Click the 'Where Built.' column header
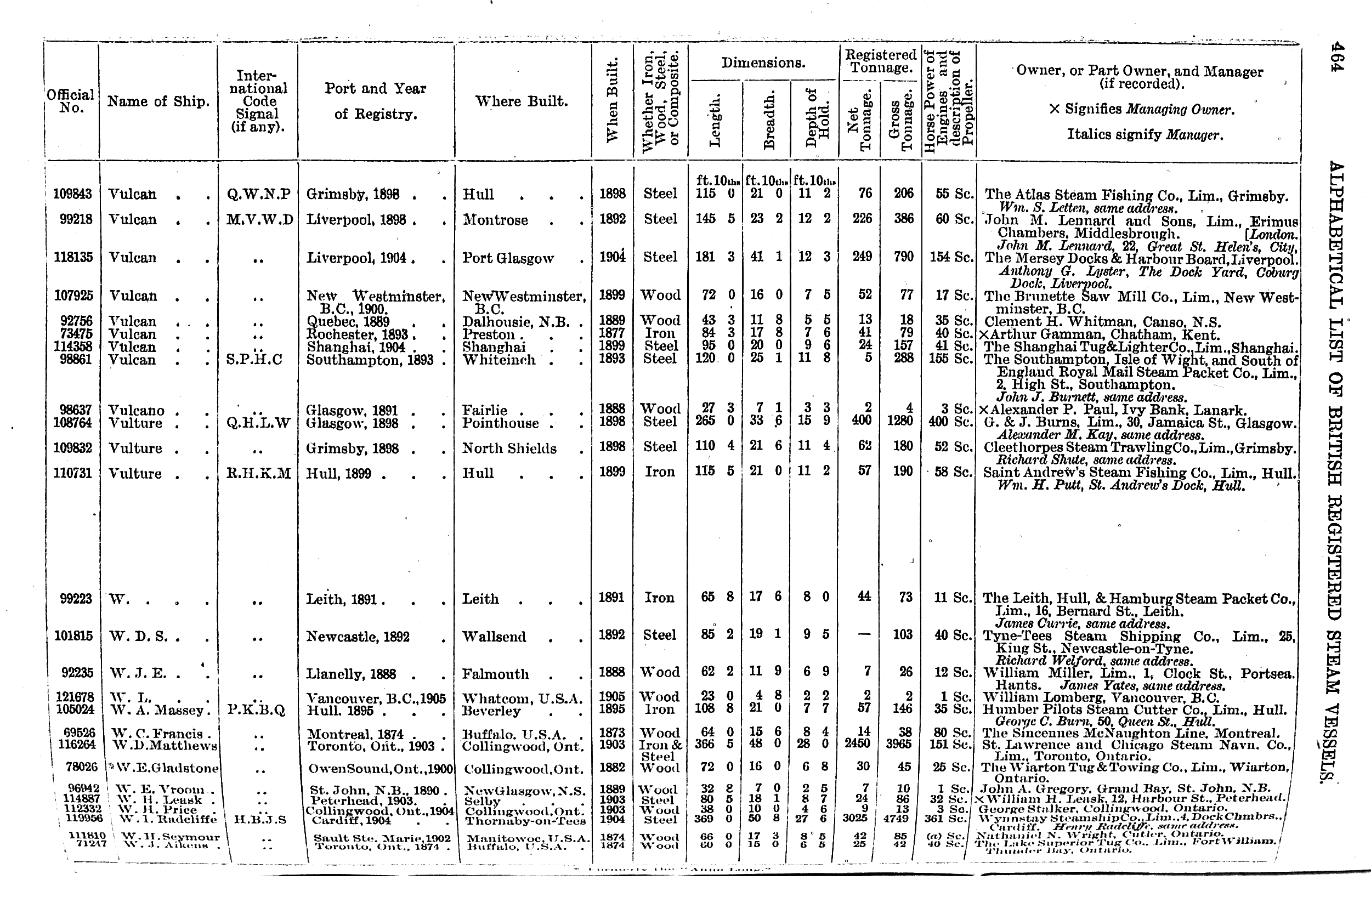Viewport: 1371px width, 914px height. pyautogui.click(x=522, y=101)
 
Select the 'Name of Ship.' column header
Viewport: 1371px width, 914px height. pyautogui.click(x=158, y=101)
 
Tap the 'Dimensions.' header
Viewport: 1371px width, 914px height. pyautogui.click(x=763, y=63)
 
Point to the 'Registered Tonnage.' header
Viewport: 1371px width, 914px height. pyautogui.click(x=880, y=61)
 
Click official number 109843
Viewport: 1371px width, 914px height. pyautogui.click(x=73, y=194)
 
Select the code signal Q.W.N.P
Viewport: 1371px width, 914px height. pyautogui.click(x=258, y=194)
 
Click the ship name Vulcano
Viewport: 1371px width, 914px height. pyautogui.click(x=137, y=410)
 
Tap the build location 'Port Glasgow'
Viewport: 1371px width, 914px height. pyautogui.click(x=508, y=258)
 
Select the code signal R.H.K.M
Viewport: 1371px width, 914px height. pyautogui.click(x=258, y=473)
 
